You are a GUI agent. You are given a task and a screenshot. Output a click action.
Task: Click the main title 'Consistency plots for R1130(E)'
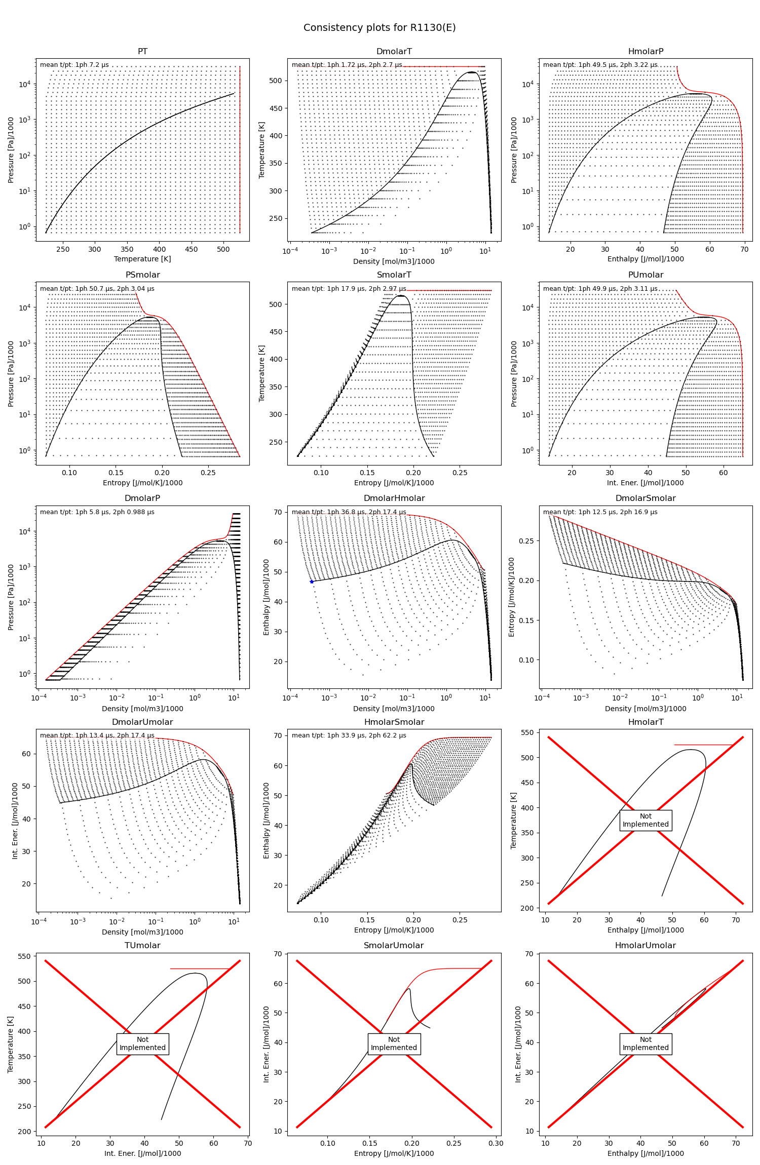point(379,28)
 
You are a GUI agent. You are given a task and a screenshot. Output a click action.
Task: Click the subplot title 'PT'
point(142,52)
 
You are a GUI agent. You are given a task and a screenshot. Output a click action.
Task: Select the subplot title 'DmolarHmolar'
point(394,498)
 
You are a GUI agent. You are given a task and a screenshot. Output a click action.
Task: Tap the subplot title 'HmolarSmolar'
point(394,722)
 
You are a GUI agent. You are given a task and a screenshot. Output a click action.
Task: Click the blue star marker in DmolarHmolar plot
point(312,581)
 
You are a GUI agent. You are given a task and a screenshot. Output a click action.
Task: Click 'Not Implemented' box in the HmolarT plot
point(645,820)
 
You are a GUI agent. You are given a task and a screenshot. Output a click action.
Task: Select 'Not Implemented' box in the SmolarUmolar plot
point(394,1043)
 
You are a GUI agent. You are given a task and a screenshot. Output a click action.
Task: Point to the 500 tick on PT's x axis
point(223,249)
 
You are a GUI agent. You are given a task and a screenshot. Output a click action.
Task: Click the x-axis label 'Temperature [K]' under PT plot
point(142,259)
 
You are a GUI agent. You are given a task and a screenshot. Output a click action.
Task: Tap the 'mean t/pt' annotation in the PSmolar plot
point(97,289)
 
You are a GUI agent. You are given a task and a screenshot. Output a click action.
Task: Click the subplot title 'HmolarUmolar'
point(645,946)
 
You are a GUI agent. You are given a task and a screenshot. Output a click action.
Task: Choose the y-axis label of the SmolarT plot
point(262,373)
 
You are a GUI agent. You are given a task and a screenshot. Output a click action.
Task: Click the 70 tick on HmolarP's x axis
point(744,249)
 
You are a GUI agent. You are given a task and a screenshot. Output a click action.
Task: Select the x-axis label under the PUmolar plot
point(645,483)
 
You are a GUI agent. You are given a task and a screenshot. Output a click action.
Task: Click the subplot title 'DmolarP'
point(142,498)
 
